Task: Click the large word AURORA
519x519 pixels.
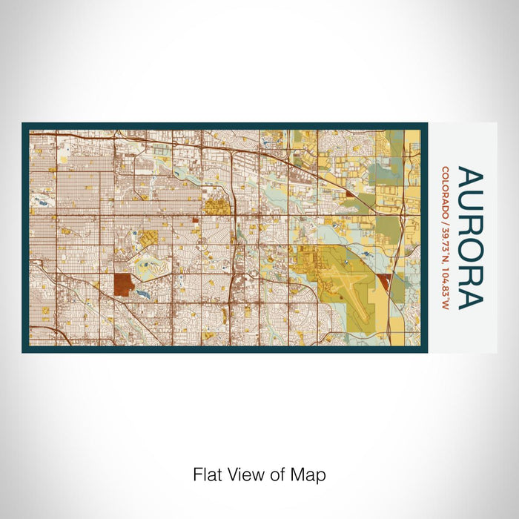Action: pyautogui.click(x=469, y=238)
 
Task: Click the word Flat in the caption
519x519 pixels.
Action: pyautogui.click(x=207, y=474)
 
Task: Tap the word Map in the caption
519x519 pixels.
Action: pyautogui.click(x=310, y=474)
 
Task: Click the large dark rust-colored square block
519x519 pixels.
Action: pyautogui.click(x=123, y=284)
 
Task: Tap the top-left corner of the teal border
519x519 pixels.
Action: pyautogui.click(x=24, y=125)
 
